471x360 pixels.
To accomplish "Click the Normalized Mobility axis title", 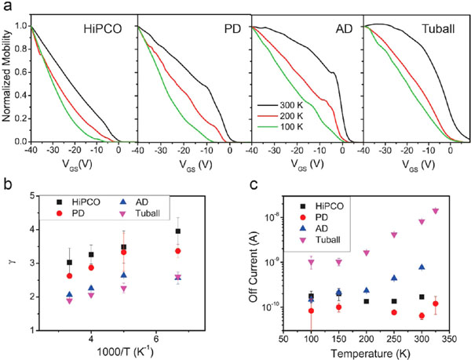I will coord(8,80).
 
